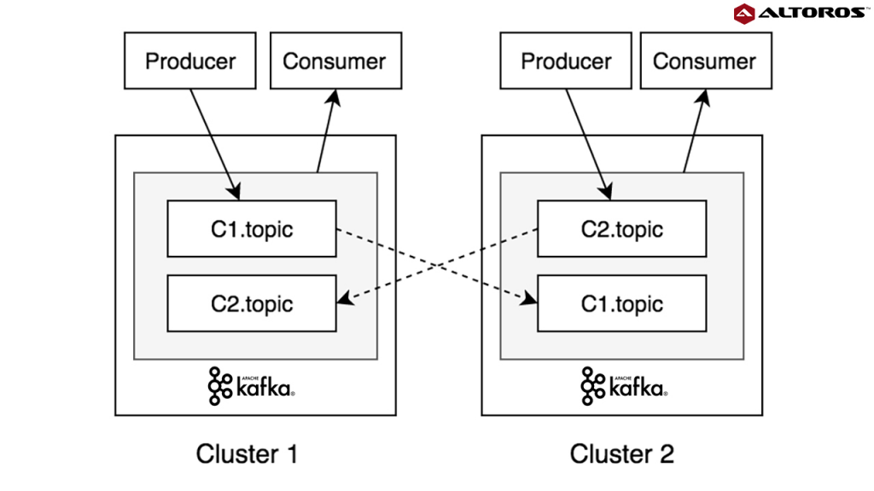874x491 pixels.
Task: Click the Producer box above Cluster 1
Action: pyautogui.click(x=189, y=61)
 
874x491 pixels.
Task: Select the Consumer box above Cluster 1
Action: pyautogui.click(x=335, y=61)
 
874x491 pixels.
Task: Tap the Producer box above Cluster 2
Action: pyautogui.click(x=566, y=61)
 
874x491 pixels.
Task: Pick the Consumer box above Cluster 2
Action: pyautogui.click(x=704, y=61)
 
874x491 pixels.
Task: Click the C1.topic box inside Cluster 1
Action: pyautogui.click(x=252, y=228)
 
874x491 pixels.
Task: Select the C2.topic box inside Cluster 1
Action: pyautogui.click(x=252, y=303)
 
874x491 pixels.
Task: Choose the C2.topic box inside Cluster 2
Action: pyautogui.click(x=621, y=228)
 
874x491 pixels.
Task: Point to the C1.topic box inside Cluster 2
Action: pyautogui.click(x=621, y=303)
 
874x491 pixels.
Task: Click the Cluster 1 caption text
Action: pyautogui.click(x=247, y=453)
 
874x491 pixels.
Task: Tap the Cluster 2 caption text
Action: pyautogui.click(x=622, y=453)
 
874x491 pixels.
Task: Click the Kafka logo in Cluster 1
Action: pyautogui.click(x=252, y=386)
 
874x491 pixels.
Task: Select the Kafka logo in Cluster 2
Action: pyautogui.click(x=624, y=386)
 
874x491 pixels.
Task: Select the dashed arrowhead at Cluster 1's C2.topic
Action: pyautogui.click(x=344, y=298)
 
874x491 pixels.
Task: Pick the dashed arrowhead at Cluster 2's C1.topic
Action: pyautogui.click(x=530, y=298)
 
